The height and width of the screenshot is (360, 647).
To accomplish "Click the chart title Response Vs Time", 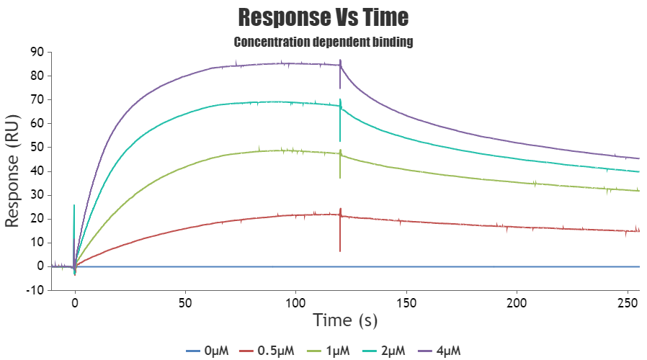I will [323, 17].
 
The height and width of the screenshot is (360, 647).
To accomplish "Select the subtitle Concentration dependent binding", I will [323, 42].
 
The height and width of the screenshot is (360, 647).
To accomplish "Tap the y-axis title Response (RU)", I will [13, 171].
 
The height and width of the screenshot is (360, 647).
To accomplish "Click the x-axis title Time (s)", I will [345, 320].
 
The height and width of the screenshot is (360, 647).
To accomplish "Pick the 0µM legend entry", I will [208, 351].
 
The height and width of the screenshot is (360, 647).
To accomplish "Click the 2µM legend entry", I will [385, 351].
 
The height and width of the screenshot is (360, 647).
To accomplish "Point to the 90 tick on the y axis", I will [35, 52].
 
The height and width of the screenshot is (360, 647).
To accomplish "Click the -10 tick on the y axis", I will [33, 290].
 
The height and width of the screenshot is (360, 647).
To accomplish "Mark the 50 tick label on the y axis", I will [35, 147].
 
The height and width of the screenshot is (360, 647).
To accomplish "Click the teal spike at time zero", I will [74, 206].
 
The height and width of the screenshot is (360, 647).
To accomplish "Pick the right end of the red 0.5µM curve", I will [638, 230].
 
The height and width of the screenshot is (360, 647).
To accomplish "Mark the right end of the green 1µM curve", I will [638, 191].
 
